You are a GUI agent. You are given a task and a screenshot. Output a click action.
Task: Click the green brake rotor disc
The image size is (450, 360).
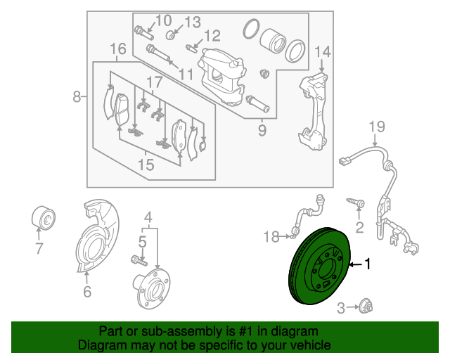click(319, 266)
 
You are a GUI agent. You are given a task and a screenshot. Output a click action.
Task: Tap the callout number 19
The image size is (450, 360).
click(377, 127)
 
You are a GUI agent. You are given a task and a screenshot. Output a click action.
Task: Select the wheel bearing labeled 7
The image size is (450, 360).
click(43, 217)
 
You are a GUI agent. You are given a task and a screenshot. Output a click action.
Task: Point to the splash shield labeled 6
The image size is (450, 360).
click(97, 236)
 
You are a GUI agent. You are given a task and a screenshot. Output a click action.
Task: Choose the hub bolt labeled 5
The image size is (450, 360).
click(139, 260)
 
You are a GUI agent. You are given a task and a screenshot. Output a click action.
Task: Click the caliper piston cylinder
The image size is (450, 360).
click(273, 41)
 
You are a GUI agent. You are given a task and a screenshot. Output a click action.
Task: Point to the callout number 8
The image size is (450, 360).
click(77, 97)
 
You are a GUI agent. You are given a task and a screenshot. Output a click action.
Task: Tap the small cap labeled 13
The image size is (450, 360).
click(171, 35)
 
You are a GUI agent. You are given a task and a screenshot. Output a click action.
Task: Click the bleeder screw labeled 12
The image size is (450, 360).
click(191, 48)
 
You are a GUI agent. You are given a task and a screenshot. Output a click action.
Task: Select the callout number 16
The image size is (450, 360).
click(118, 49)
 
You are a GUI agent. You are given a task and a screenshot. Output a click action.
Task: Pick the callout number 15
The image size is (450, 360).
click(146, 165)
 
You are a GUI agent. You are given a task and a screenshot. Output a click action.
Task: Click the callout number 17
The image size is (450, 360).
click(155, 82)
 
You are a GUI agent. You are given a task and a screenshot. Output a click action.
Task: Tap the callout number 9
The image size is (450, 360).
click(262, 131)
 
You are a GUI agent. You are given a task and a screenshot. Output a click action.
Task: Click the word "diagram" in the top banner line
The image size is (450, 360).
click(295, 331)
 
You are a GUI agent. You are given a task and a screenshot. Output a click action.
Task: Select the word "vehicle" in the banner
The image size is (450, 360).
click(311, 345)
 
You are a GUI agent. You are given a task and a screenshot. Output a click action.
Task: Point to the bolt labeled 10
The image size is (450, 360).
click(143, 33)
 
